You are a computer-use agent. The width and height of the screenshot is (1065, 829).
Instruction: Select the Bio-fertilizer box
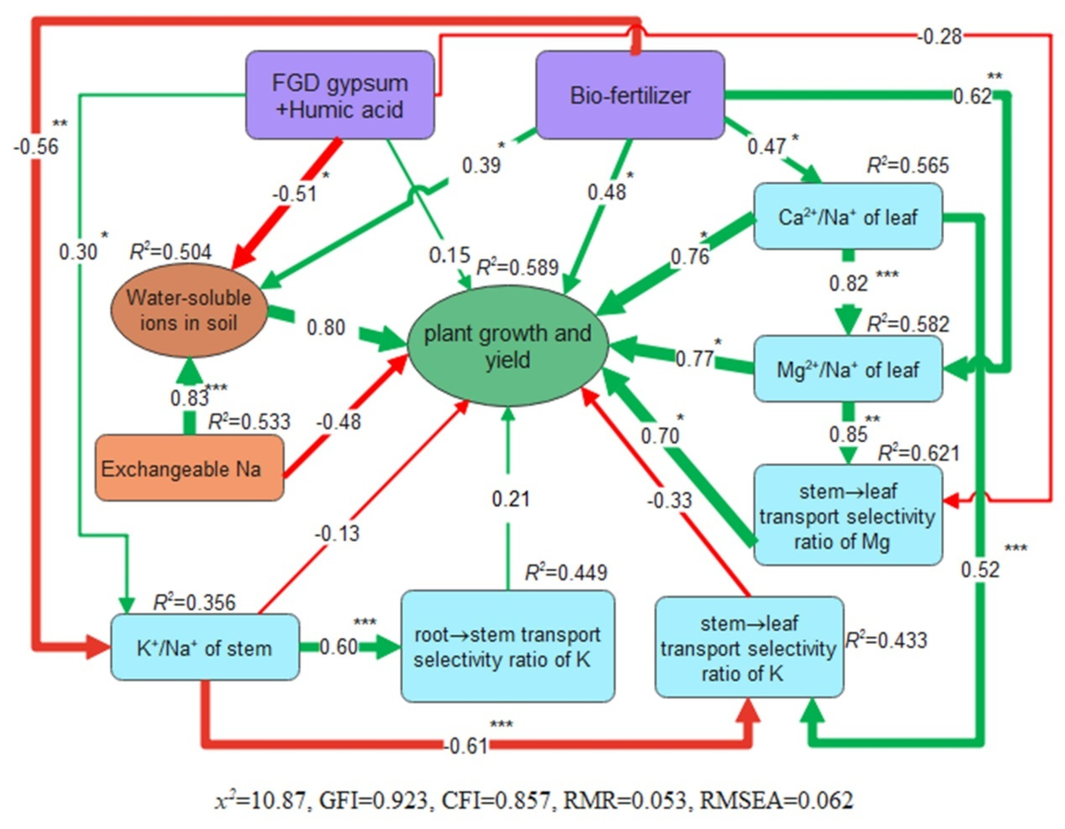(630, 95)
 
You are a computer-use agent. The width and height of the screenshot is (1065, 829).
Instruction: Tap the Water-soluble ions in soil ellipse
(189, 310)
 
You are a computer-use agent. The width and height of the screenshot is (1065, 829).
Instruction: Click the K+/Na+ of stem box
(205, 648)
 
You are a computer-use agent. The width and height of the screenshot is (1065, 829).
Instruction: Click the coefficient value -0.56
(36, 146)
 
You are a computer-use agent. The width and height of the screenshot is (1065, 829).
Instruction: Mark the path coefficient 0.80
(326, 328)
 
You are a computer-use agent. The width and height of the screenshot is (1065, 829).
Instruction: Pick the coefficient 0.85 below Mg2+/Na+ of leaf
(848, 433)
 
